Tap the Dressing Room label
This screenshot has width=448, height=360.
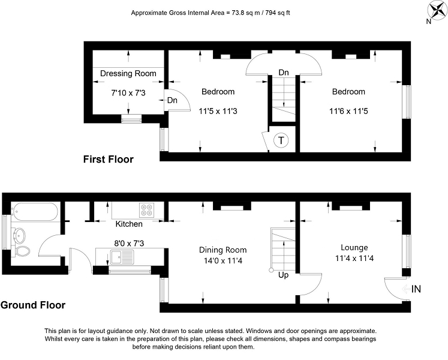128,73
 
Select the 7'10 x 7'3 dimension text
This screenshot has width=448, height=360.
128,93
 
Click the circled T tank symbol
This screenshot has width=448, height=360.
281,140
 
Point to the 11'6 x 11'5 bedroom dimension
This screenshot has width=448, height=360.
348,111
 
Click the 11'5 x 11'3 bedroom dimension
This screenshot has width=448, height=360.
218,111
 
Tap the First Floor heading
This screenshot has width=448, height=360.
109,159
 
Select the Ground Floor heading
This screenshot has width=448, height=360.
33,305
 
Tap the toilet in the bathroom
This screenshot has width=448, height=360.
23,251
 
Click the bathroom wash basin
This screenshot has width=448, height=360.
19,235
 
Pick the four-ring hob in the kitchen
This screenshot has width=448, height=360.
147,210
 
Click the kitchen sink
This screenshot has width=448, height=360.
122,257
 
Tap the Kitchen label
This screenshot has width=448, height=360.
129,224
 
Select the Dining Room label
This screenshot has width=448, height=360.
223,250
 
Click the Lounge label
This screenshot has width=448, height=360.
354,248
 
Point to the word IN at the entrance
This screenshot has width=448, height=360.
416,289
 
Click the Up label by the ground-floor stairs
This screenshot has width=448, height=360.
283,275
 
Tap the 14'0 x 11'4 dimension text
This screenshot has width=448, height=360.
223,261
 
